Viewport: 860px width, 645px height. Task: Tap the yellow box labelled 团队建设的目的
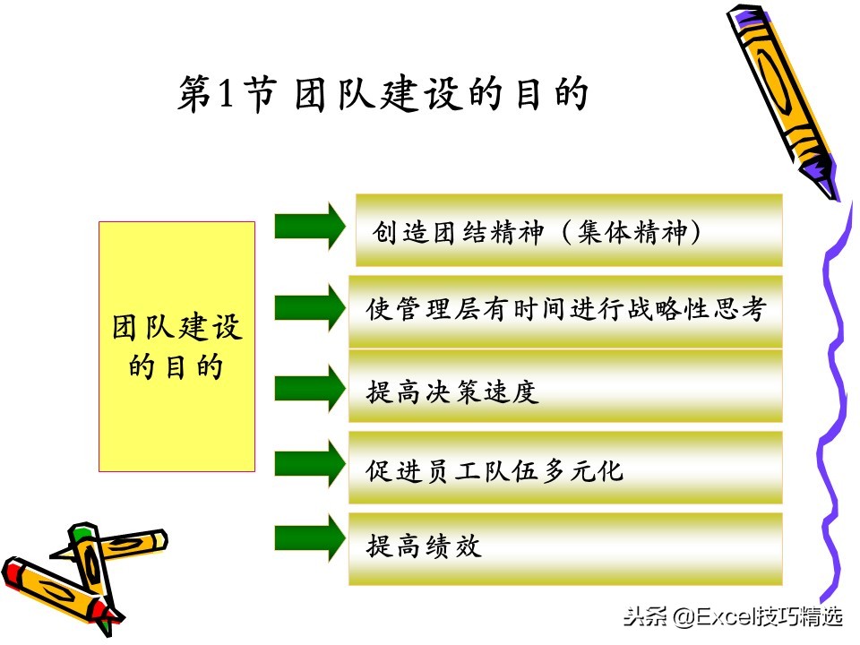(x=176, y=347)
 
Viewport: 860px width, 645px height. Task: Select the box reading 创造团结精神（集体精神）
(x=569, y=230)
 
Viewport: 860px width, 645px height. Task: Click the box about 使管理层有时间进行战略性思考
(x=566, y=311)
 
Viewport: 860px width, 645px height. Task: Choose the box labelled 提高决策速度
(x=566, y=391)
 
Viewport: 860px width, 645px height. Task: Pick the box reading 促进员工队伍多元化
(x=566, y=469)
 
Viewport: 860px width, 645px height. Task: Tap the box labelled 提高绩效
(x=566, y=546)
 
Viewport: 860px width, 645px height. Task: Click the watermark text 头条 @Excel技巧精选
(x=734, y=616)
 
